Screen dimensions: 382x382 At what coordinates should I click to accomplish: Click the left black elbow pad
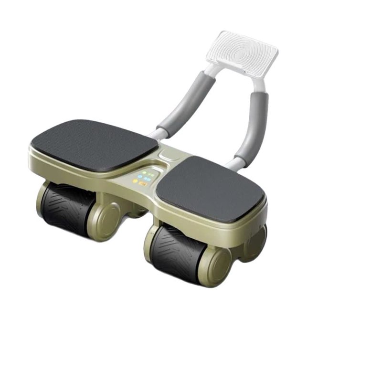pyautogui.click(x=94, y=145)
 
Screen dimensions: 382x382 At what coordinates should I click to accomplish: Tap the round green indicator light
pyautogui.click(x=144, y=172)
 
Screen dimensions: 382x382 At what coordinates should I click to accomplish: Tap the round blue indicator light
pyautogui.click(x=139, y=177)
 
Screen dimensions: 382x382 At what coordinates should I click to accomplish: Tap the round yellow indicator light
pyautogui.click(x=135, y=181)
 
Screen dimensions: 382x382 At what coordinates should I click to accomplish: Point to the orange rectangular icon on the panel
pyautogui.click(x=142, y=184)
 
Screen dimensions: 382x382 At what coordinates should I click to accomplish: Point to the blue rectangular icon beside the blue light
pyautogui.click(x=147, y=179)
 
